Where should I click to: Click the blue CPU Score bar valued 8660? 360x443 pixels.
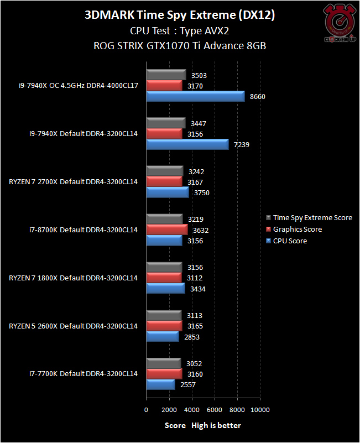pyautogui.click(x=196, y=96)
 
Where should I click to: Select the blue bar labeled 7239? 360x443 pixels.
pyautogui.click(x=187, y=144)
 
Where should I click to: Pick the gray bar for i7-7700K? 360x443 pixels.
pyautogui.click(x=164, y=364)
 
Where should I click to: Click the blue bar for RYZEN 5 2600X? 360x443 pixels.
pyautogui.click(x=163, y=337)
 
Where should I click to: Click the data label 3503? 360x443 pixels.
pyautogui.click(x=198, y=75)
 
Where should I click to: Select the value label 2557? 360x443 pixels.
pyautogui.click(x=188, y=385)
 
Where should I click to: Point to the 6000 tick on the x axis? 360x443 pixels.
pyautogui.click(x=215, y=410)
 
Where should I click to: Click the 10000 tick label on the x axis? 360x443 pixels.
pyautogui.click(x=260, y=410)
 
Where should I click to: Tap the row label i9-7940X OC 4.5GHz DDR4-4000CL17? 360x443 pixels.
pyautogui.click(x=77, y=86)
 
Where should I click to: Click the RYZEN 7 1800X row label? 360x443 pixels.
pyautogui.click(x=73, y=278)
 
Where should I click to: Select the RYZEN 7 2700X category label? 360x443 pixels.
pyautogui.click(x=73, y=181)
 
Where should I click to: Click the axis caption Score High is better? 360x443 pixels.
pyautogui.click(x=203, y=425)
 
